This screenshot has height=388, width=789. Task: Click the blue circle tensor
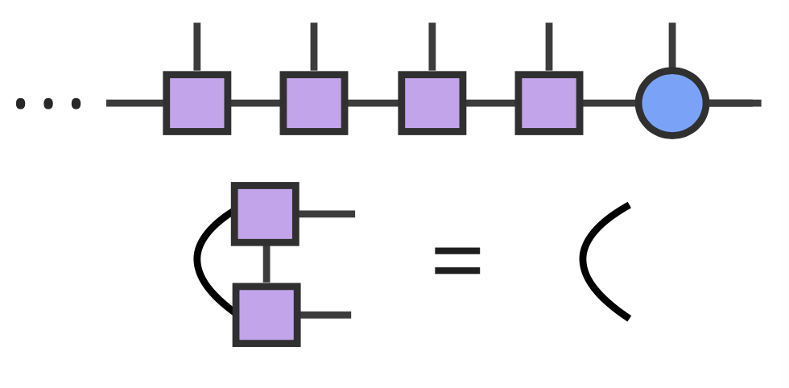tap(672, 103)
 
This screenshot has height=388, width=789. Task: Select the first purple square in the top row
tap(197, 103)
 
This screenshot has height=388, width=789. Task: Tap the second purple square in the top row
tap(314, 103)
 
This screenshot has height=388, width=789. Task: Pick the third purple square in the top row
tap(432, 103)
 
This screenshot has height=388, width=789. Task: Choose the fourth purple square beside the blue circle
tap(549, 103)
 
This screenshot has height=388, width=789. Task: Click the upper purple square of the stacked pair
tap(265, 214)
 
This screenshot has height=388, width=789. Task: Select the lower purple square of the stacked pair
tap(266, 315)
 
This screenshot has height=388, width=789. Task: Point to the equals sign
tap(457, 261)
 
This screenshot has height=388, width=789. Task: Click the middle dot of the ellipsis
tap(48, 103)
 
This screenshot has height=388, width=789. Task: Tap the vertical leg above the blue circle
tap(672, 47)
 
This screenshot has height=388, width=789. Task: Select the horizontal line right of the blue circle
tap(733, 103)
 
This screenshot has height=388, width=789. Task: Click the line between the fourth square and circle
tap(609, 103)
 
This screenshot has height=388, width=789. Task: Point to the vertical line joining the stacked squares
tap(266, 264)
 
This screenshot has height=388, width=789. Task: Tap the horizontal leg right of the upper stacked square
tap(326, 214)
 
